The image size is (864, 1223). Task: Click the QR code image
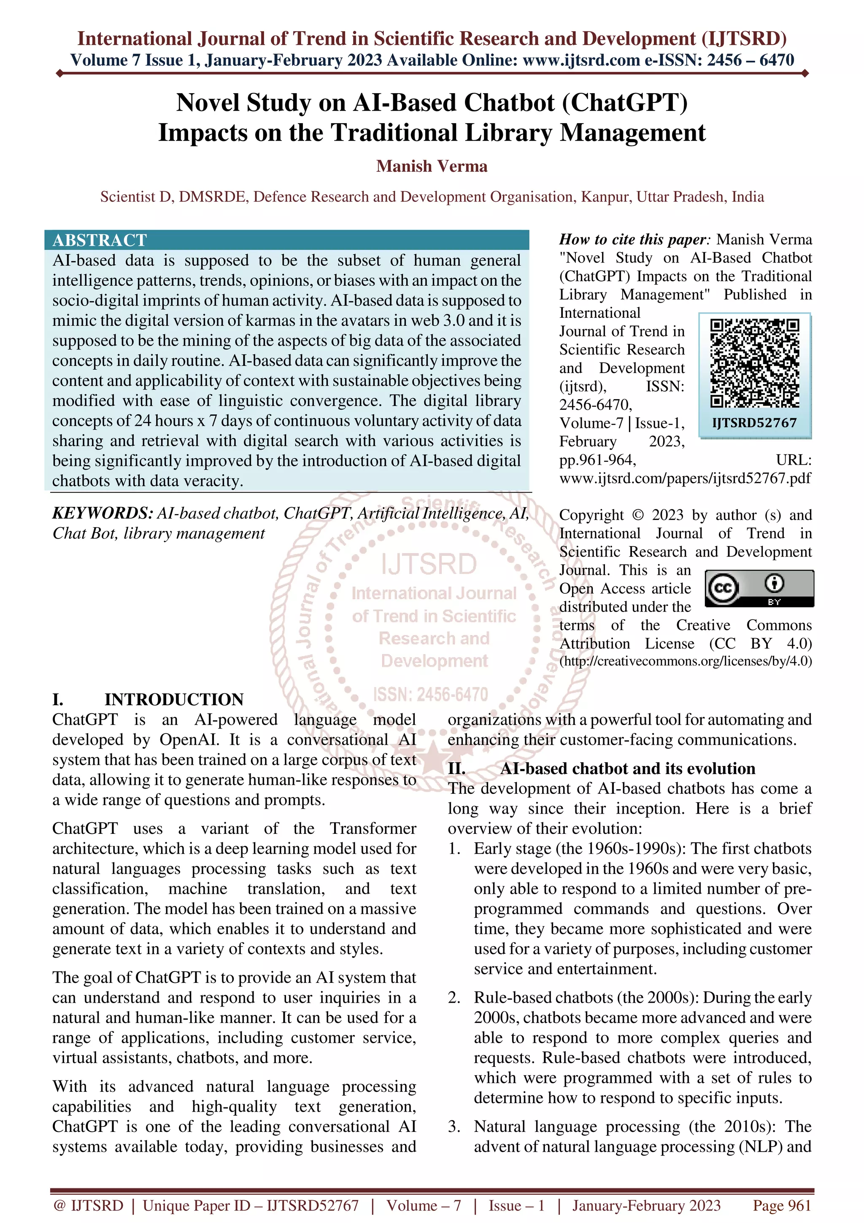click(x=754, y=363)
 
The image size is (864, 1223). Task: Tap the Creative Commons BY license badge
click(x=759, y=588)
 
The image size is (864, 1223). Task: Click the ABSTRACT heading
click(x=100, y=240)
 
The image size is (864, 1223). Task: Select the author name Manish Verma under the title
click(x=432, y=166)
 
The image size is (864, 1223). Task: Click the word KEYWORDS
click(x=102, y=513)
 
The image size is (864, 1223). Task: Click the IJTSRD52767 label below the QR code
click(x=754, y=423)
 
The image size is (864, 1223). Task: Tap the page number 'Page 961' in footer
click(x=781, y=1205)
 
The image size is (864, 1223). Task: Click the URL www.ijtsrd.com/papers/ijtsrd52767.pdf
click(x=685, y=478)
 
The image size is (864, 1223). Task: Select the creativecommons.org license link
click(x=686, y=661)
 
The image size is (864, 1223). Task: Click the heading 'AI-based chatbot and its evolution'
click(x=628, y=768)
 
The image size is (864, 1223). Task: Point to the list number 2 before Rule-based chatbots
click(x=454, y=998)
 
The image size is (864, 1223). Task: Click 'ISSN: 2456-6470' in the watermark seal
click(x=431, y=695)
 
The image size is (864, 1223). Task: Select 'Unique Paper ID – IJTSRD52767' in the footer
click(x=251, y=1205)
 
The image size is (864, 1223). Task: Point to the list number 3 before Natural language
click(x=454, y=1127)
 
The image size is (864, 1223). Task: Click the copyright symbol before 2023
click(x=638, y=515)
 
